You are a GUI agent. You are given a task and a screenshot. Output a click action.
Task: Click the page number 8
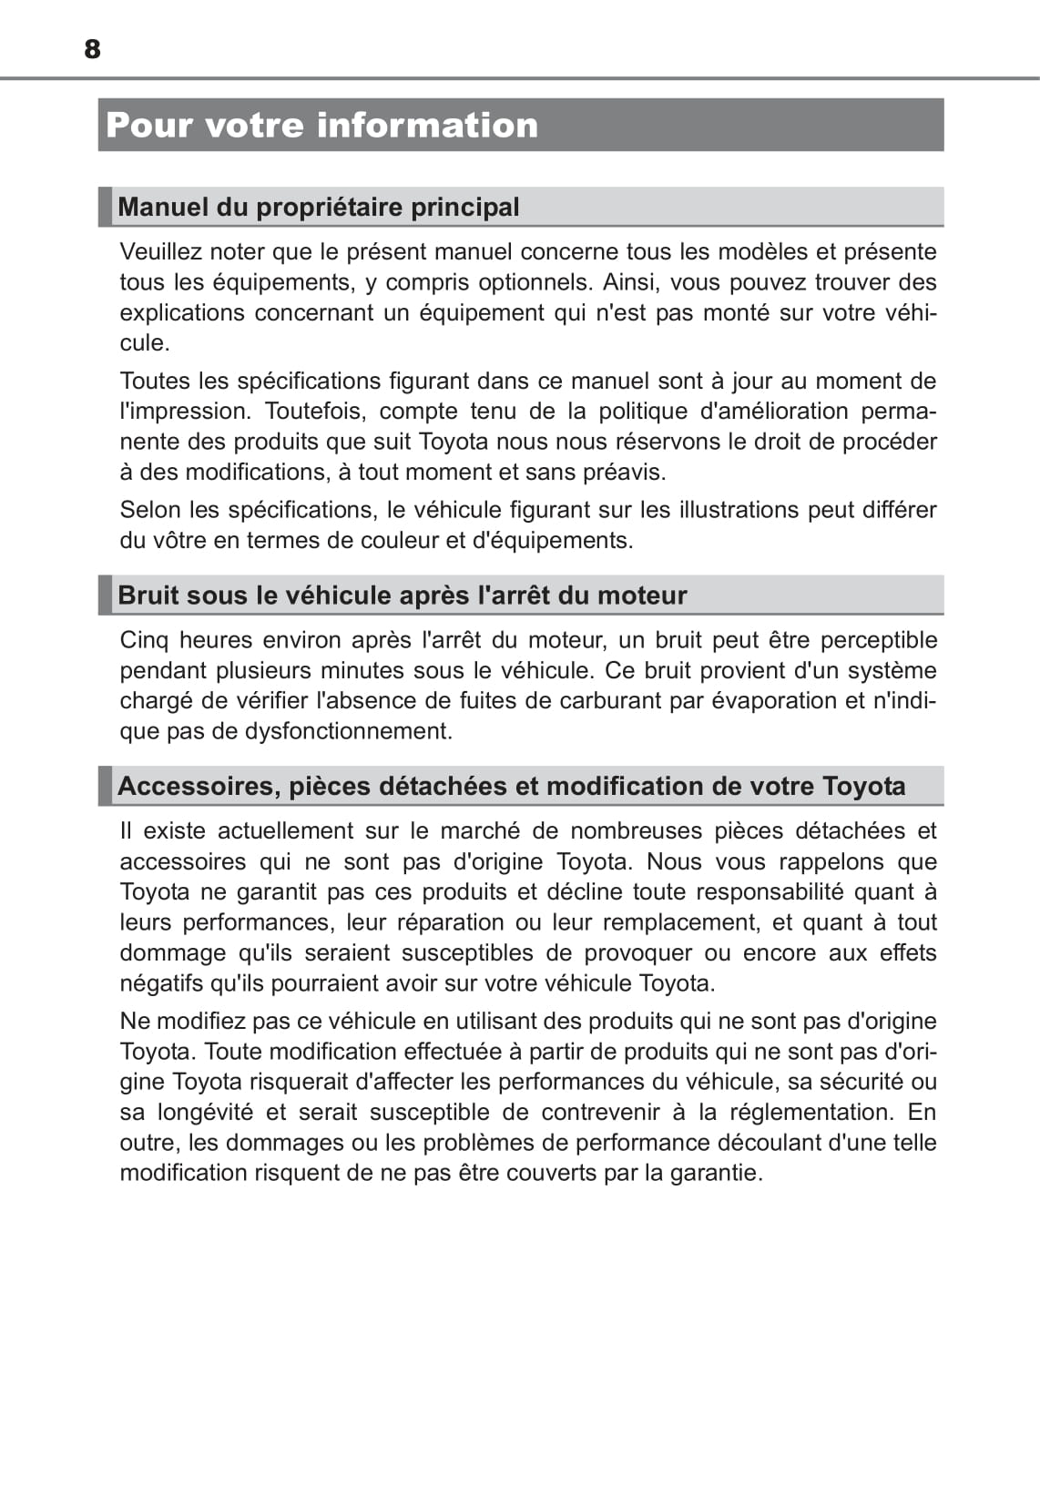point(92,49)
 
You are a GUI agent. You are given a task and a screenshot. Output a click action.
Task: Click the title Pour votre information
point(322,126)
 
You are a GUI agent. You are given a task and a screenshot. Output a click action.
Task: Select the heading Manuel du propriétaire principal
point(319,207)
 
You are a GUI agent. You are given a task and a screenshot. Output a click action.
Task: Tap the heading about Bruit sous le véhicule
point(402,595)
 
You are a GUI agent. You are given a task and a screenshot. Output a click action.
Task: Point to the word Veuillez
point(161,251)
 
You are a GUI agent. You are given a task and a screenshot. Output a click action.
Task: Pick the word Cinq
point(144,640)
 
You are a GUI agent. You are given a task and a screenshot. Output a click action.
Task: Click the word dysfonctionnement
point(348,731)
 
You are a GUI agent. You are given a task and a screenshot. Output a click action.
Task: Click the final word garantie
point(714,1173)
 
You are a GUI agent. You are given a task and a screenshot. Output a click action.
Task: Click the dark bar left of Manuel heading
point(105,207)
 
